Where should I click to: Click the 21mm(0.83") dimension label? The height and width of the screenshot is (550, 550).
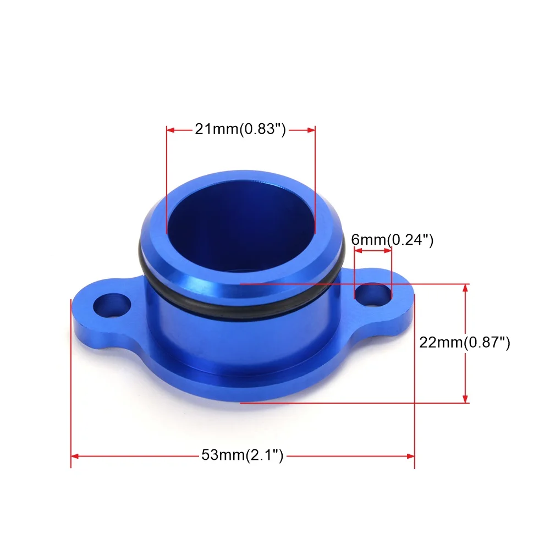(240, 130)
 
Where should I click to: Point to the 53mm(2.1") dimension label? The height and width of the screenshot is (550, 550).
(242, 455)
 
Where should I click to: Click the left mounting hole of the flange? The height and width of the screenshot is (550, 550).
(113, 306)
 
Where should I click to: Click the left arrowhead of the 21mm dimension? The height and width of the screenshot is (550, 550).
(170, 130)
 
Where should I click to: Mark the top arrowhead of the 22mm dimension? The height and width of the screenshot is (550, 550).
(466, 288)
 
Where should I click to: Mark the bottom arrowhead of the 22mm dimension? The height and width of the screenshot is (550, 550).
(466, 399)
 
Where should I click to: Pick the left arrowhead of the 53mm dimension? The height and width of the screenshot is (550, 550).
(76, 455)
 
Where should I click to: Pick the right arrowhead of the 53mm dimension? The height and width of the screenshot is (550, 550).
(410, 455)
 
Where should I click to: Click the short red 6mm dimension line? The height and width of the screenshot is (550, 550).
(373, 251)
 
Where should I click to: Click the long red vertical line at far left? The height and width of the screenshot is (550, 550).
(71, 385)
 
